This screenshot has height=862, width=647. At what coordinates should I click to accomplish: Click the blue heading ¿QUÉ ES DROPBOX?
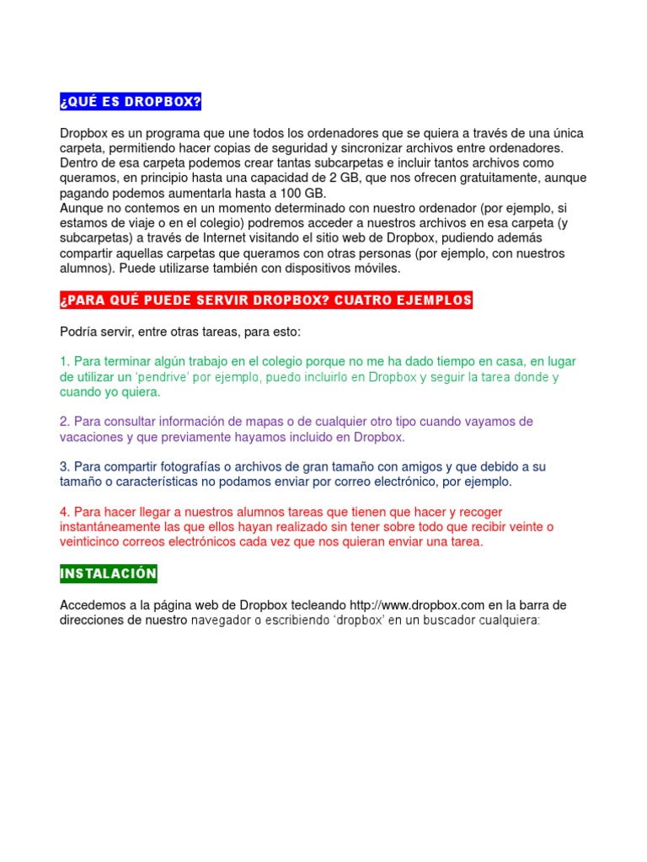pos(131,103)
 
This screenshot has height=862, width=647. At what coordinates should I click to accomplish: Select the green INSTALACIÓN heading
pos(108,574)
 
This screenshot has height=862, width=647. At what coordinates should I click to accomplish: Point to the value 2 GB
pos(320,178)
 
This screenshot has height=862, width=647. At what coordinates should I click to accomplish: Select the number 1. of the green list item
pos(65,362)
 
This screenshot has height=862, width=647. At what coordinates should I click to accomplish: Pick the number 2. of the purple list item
pos(65,422)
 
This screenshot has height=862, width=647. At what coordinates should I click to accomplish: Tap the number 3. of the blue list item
pos(65,466)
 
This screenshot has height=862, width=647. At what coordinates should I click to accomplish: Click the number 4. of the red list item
pos(65,512)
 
